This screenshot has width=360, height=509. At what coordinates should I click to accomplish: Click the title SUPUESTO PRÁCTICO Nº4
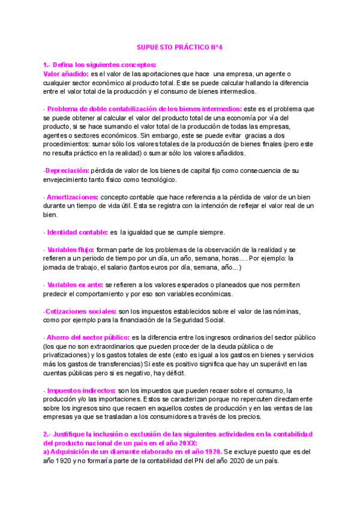pyautogui.click(x=180, y=47)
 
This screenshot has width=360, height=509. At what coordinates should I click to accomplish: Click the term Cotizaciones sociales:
pyautogui.click(x=80, y=311)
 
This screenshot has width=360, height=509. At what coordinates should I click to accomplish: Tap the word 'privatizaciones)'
pyautogui.click(x=69, y=355)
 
